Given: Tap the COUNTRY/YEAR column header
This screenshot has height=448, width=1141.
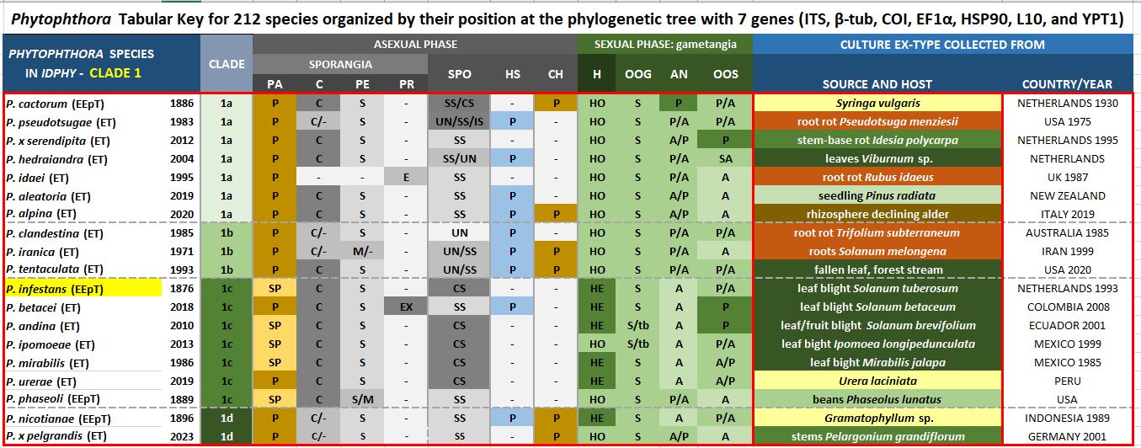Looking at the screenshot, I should [x=1067, y=84].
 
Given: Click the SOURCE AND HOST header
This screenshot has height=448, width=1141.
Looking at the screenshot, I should [x=877, y=84].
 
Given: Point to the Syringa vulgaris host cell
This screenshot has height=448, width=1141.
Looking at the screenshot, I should [x=877, y=104].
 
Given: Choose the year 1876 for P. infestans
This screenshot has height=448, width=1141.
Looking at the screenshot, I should [x=182, y=288].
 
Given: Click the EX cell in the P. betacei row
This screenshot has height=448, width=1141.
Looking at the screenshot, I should [x=406, y=307].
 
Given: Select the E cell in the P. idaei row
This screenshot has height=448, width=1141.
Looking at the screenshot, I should [x=406, y=178].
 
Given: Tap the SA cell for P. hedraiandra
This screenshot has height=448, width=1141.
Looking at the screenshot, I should [x=725, y=159].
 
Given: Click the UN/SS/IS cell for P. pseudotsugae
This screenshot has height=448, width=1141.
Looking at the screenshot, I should [x=460, y=122].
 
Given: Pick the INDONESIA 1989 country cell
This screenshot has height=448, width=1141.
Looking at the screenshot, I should [x=1067, y=419].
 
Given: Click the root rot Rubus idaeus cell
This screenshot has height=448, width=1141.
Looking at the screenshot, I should [x=877, y=178].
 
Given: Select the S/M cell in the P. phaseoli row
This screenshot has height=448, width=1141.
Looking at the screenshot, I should [x=362, y=399].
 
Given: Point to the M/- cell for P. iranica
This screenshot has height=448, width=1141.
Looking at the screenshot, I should [x=362, y=252].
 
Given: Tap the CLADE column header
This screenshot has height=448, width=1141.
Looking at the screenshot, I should [x=226, y=64].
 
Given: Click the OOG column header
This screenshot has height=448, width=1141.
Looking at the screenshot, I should [x=637, y=74].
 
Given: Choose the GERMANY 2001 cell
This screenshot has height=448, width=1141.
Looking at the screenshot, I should [x=1067, y=437].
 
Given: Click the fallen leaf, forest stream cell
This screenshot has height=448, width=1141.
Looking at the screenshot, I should [x=877, y=269].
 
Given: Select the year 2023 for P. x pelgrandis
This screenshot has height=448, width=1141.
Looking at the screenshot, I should [x=182, y=437].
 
